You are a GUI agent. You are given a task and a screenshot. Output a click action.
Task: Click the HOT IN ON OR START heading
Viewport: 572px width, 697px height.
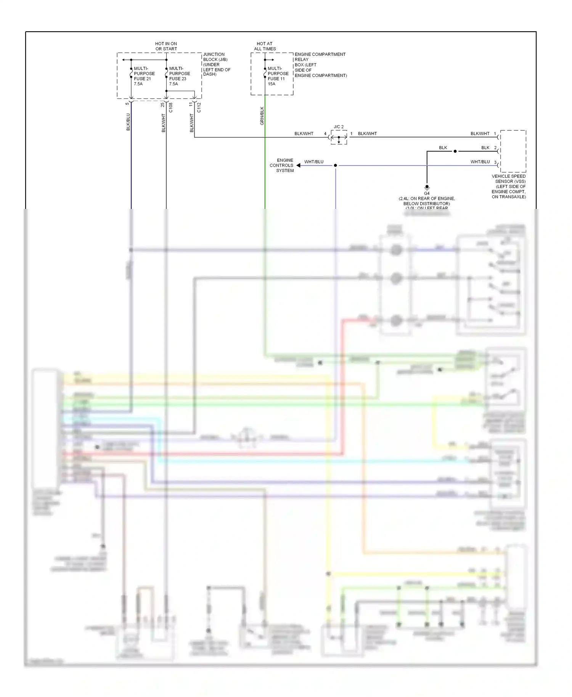click(x=166, y=46)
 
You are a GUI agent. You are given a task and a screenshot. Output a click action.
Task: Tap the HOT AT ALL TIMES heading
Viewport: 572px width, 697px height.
click(x=265, y=46)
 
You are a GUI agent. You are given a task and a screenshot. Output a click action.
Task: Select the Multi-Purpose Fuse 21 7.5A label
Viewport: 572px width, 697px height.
click(x=144, y=76)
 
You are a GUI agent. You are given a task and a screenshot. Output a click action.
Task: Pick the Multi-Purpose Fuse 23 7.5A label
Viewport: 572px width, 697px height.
click(x=178, y=76)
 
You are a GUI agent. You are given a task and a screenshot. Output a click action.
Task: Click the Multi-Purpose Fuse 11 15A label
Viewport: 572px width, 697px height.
click(x=278, y=76)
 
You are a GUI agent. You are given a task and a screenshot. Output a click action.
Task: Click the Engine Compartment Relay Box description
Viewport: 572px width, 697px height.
click(x=320, y=65)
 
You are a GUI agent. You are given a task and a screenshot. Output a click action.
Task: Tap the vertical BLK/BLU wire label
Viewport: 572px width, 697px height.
click(x=128, y=122)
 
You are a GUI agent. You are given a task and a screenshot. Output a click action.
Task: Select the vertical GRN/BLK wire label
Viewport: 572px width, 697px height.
click(x=262, y=116)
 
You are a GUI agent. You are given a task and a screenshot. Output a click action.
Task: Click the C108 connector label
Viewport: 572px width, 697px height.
click(x=171, y=108)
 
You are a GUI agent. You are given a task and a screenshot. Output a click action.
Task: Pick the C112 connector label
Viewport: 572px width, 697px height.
click(x=199, y=108)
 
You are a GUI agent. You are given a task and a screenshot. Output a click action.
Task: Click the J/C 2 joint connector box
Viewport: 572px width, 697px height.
click(x=339, y=137)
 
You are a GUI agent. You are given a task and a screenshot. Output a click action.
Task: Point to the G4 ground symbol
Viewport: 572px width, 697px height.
click(x=427, y=187)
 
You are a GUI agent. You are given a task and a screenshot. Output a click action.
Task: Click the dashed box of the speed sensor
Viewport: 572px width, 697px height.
click(x=513, y=151)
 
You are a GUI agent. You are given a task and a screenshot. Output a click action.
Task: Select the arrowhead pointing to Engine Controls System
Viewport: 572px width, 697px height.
click(x=299, y=165)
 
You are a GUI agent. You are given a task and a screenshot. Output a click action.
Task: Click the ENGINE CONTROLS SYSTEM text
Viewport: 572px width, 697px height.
click(x=282, y=165)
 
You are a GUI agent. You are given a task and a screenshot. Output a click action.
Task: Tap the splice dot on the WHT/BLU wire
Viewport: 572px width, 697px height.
click(x=336, y=165)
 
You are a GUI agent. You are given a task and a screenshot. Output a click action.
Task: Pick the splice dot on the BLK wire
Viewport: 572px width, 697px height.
click(x=455, y=151)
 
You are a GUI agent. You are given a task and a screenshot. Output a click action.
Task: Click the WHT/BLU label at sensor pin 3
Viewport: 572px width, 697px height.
click(x=480, y=162)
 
